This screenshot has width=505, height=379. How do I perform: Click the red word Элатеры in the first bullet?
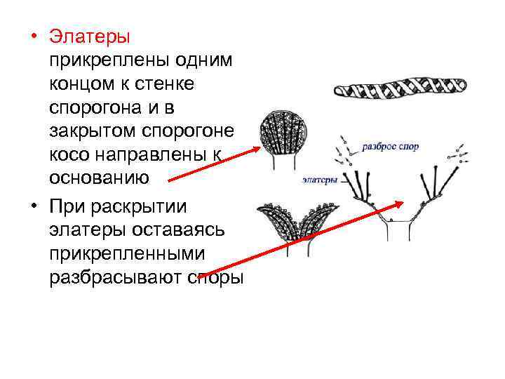tap(90, 36)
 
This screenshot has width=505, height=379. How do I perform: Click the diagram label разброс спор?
tap(391, 148)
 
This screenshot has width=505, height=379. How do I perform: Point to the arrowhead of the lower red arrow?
tap(400, 204)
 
